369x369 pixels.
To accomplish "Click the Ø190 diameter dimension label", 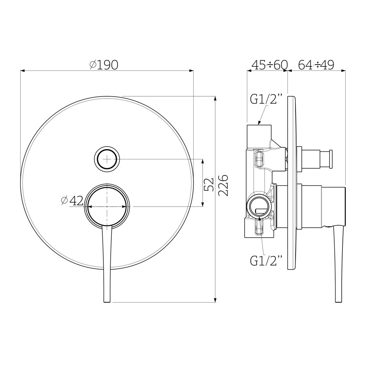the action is point(104,65).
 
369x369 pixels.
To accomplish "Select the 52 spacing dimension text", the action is point(209,184).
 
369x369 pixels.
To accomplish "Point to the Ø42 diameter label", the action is point(72,200).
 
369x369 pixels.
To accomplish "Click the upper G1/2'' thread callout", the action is point(266,99).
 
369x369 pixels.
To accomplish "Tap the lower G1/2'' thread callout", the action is point(266,261).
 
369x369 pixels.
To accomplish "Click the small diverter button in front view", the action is point(107,159).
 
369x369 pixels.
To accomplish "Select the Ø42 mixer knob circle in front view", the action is point(107,206).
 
